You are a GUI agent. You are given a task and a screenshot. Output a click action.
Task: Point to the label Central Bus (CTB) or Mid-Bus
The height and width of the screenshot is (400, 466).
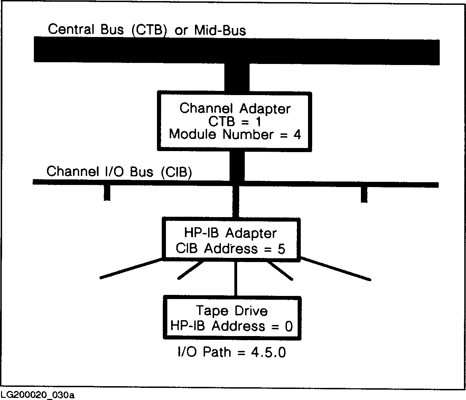point(147,30)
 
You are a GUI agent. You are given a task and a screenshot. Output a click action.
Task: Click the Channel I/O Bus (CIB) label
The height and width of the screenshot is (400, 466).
point(119,172)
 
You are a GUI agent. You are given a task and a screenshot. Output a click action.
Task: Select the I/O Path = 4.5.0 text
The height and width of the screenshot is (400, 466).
point(232,352)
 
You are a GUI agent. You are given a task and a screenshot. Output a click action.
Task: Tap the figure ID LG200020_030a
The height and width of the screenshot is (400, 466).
point(37,395)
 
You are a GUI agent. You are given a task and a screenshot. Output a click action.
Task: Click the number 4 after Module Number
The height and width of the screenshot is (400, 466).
point(297,134)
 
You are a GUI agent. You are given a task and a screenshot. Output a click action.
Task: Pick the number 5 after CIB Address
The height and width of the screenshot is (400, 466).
point(281,249)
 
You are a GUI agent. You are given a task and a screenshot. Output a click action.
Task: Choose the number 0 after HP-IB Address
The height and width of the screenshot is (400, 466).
point(289,326)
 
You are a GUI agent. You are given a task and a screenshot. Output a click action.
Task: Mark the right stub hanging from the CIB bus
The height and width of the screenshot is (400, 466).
point(364,195)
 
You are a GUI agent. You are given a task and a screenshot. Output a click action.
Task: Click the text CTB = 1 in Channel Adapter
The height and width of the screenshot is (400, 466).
point(234,122)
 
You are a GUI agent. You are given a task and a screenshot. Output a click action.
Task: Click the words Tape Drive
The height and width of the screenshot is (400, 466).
point(232,311)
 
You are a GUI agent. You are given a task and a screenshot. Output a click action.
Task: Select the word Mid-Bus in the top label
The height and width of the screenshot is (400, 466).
point(220,30)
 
